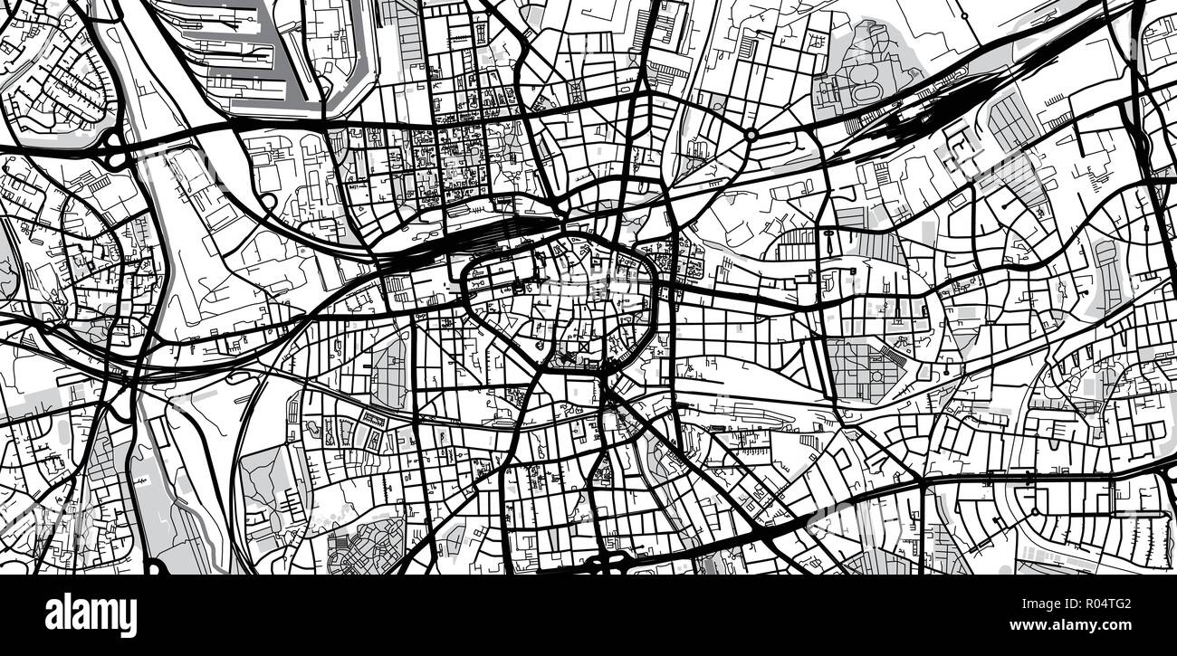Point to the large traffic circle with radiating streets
[x=751, y=135]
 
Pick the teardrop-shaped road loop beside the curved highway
[x=268, y=200]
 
